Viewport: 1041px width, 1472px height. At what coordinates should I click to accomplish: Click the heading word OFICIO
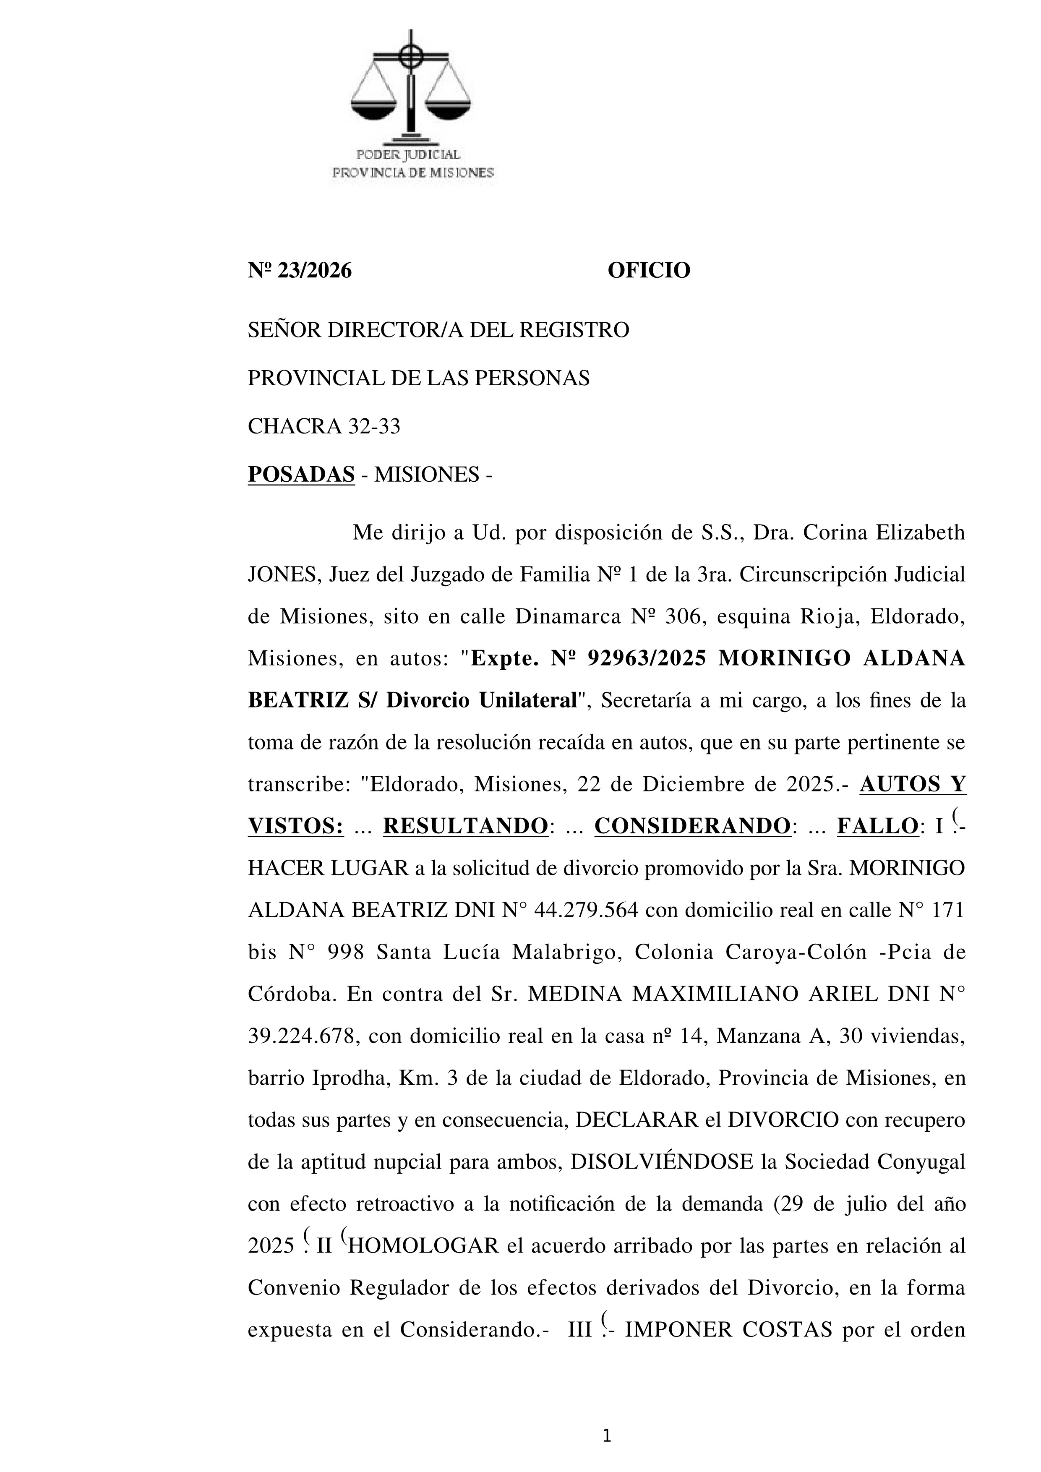coord(649,271)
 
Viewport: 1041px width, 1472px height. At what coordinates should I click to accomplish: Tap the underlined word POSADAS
coord(301,475)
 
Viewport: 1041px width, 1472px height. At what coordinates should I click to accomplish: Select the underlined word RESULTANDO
coord(465,826)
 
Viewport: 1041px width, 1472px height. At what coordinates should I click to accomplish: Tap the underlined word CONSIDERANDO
coord(692,826)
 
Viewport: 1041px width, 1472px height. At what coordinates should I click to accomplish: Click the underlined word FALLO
coord(877,826)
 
